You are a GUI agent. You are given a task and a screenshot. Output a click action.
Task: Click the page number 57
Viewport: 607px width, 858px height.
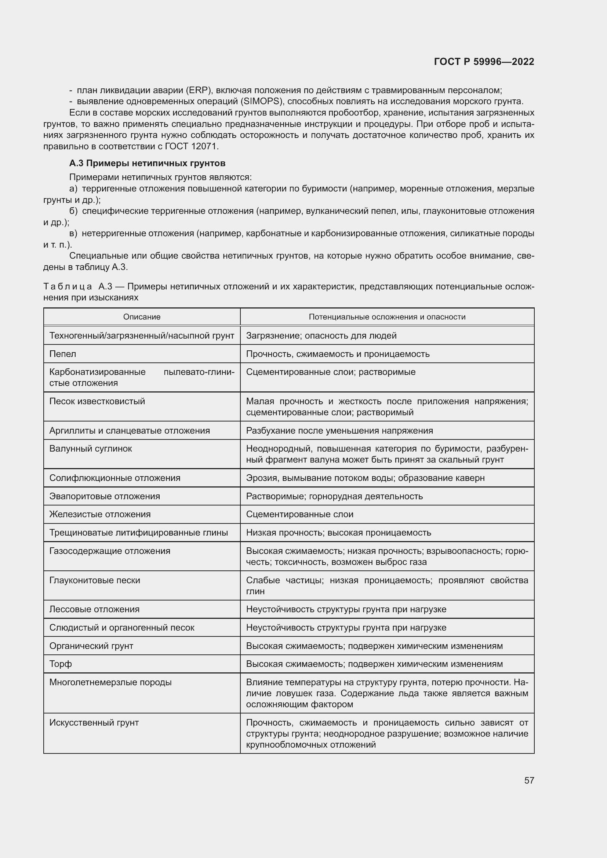coord(529,780)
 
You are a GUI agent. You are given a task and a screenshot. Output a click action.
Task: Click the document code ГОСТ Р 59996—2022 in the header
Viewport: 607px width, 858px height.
coord(484,62)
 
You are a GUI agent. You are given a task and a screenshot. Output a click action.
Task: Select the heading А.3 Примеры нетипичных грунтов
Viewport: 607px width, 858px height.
coord(147,163)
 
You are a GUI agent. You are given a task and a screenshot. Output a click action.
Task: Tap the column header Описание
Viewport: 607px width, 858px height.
coord(142,317)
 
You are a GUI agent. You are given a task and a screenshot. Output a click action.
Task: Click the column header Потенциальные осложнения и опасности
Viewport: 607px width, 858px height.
coord(387,317)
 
